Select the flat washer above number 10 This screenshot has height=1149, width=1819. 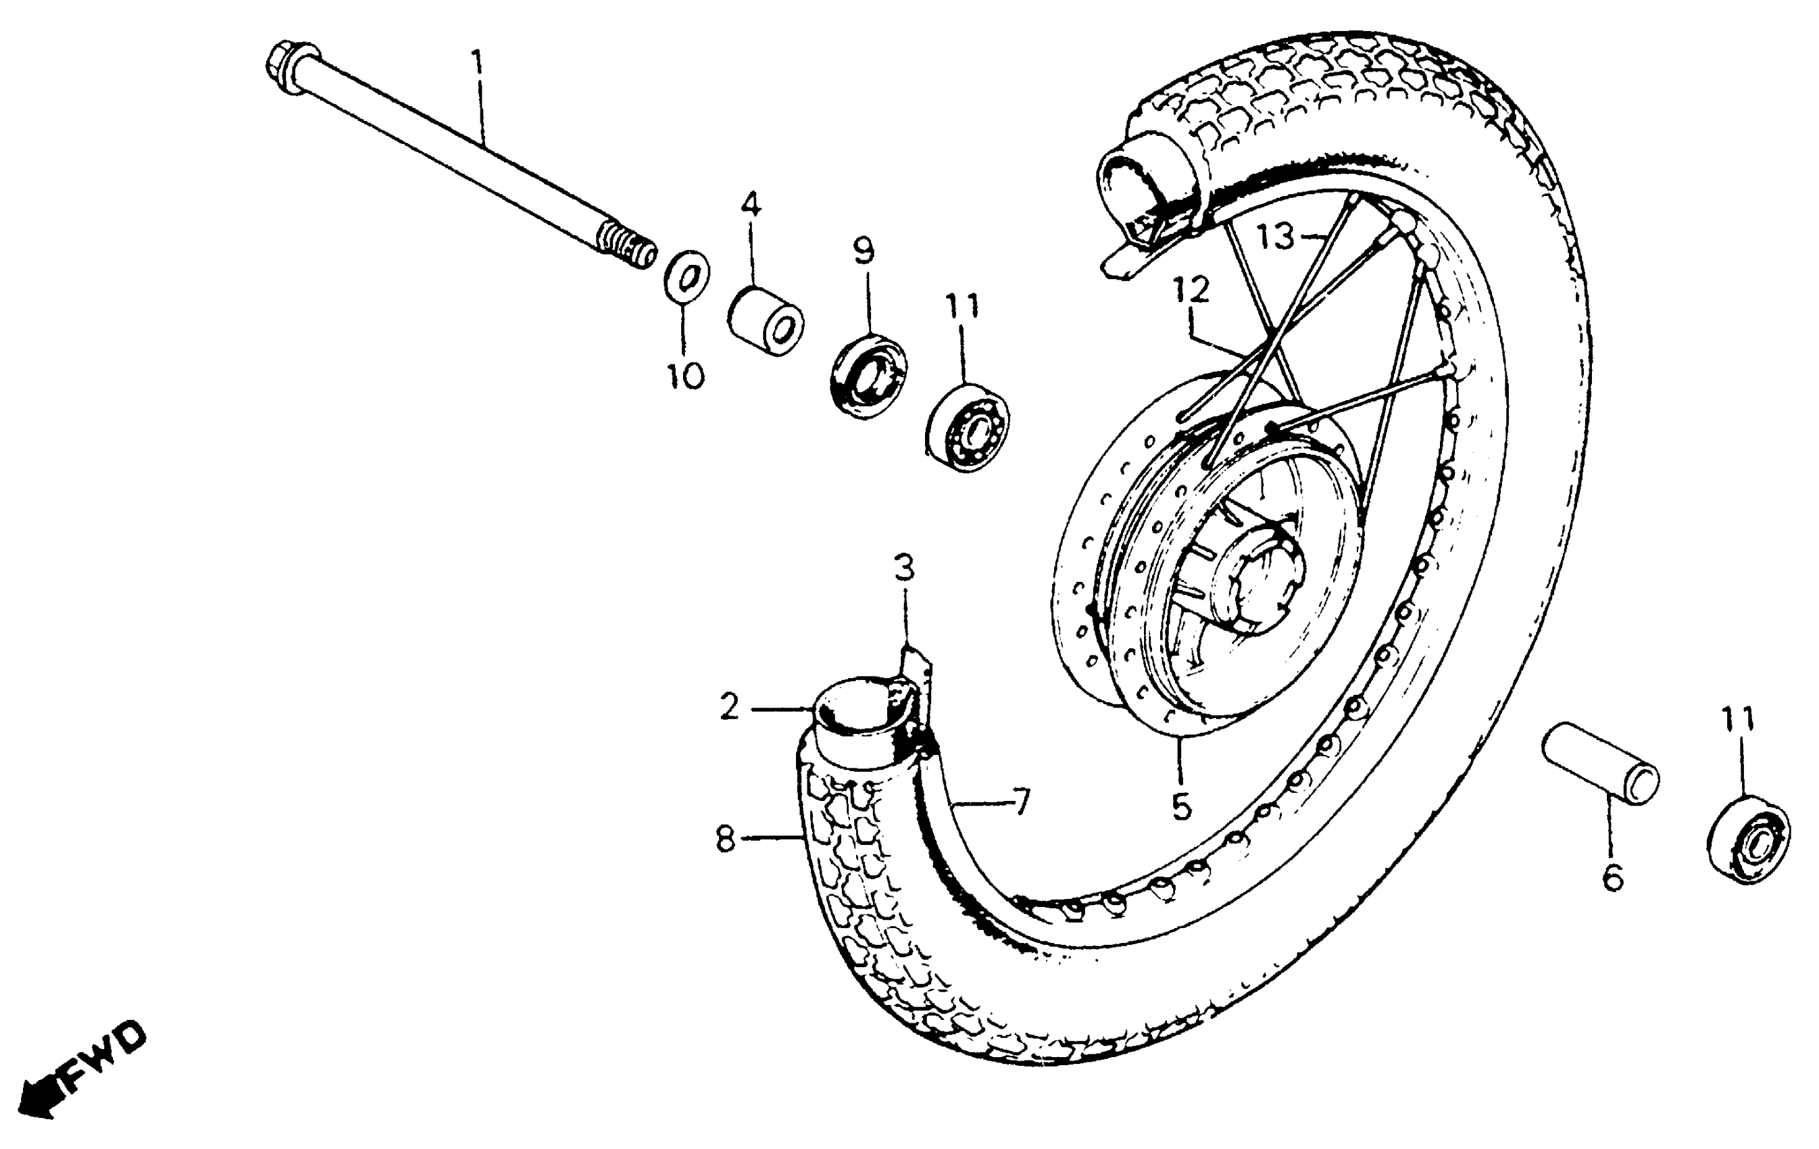[x=686, y=276]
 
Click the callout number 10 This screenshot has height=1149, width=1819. [x=684, y=374]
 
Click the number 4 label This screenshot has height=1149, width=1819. [x=750, y=203]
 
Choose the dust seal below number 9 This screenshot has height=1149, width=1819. [x=869, y=373]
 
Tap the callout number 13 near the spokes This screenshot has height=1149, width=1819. [x=1276, y=237]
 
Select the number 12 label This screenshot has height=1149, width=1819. [x=1191, y=289]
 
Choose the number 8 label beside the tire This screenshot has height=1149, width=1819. [x=725, y=839]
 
